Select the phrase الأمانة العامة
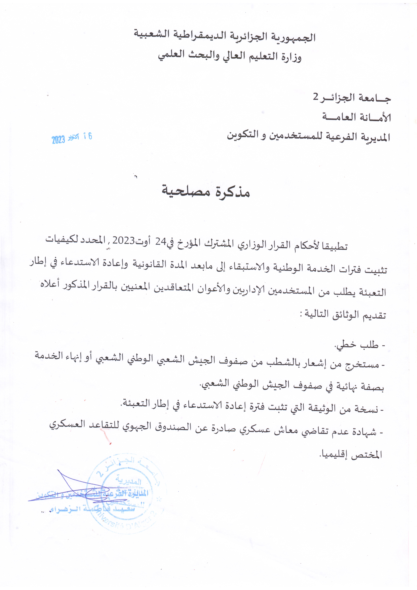[x=356, y=117]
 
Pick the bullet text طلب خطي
[x=357, y=345]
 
